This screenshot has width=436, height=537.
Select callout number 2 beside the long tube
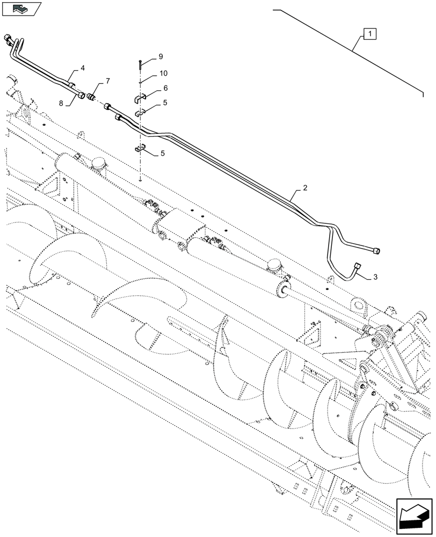click(305, 188)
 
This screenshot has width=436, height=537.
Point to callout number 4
click(83, 68)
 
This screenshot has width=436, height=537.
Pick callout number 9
click(160, 56)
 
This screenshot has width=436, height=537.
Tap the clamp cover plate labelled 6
click(141, 99)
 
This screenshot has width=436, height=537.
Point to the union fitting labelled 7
click(91, 97)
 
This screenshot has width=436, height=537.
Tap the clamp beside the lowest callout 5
click(141, 149)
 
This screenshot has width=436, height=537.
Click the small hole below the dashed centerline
click(140, 180)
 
